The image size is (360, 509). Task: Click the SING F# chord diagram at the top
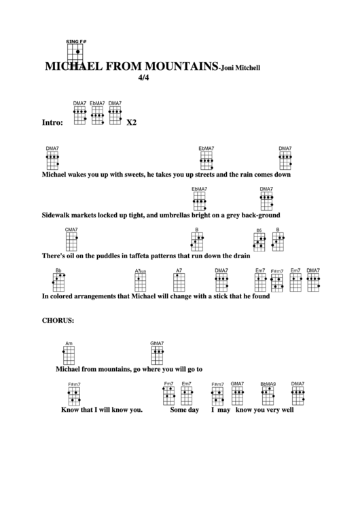tap(77, 52)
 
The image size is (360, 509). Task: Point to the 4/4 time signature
tap(143, 77)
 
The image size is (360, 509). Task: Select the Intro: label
tap(53, 124)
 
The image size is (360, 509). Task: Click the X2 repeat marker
tap(132, 124)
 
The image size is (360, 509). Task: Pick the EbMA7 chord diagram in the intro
tap(98, 115)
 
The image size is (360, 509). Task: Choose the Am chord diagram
tap(69, 354)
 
